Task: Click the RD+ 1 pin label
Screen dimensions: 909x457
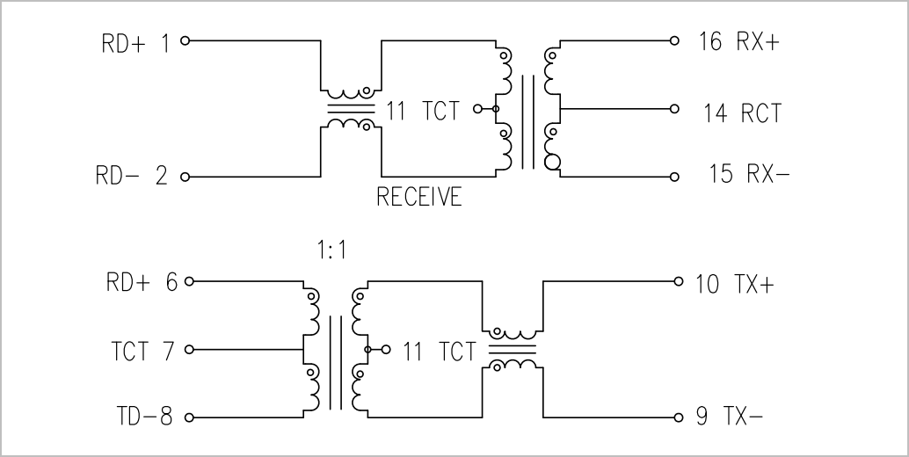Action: (135, 43)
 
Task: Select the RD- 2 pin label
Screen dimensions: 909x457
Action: (132, 175)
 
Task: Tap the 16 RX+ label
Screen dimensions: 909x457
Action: (739, 41)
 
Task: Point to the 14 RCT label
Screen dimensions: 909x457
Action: (743, 113)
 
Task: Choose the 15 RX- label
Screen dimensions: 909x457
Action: (750, 173)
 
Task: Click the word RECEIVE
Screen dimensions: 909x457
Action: (419, 197)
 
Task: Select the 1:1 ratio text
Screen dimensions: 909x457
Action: (331, 250)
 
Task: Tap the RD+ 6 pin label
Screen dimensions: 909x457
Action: (142, 283)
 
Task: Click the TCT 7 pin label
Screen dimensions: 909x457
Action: (142, 351)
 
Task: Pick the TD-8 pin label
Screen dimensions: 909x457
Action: (144, 416)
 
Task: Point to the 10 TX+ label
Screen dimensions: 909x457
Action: (735, 284)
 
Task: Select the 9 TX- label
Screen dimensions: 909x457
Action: (729, 416)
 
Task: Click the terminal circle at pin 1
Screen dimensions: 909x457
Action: (185, 40)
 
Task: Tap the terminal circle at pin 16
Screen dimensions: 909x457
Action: (674, 40)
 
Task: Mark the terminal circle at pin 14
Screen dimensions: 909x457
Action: (674, 108)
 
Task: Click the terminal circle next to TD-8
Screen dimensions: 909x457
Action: (189, 417)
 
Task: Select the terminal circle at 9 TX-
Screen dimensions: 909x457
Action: (679, 417)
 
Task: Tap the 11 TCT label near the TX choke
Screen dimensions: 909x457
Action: (440, 352)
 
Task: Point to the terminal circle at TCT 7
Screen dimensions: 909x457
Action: (189, 350)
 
